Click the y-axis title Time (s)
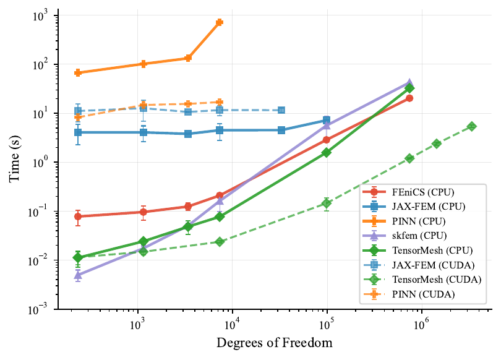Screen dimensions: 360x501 tap(15, 161)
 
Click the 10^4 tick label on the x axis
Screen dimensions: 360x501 tap(232, 322)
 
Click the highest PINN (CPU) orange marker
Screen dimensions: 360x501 tap(220, 22)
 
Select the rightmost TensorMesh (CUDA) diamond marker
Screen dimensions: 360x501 tap(472, 126)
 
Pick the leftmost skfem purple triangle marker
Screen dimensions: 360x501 tap(78, 275)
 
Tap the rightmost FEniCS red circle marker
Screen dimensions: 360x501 tap(409, 98)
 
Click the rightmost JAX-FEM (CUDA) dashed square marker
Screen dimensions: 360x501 tap(281, 110)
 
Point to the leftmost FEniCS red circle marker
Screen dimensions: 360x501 tap(78, 216)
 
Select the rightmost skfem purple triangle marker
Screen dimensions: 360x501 tap(409, 82)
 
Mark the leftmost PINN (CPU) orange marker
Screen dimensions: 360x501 tap(78, 73)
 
